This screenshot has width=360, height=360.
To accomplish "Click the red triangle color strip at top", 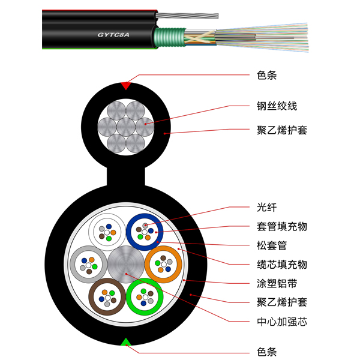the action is (x=126, y=85).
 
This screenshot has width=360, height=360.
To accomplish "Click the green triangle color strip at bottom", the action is (x=126, y=342).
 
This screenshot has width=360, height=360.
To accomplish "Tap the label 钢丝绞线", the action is (x=277, y=106).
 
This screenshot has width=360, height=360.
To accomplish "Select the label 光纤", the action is (x=267, y=208).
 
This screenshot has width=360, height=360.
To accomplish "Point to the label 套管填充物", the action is (x=282, y=227).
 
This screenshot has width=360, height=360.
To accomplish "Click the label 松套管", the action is (x=272, y=245).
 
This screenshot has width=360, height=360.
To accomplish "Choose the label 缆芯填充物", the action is (x=282, y=265).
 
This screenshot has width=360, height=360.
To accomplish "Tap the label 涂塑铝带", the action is (x=277, y=284).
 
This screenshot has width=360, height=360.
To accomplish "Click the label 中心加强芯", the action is (x=282, y=322).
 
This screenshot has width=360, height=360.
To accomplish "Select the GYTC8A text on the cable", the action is (x=113, y=35).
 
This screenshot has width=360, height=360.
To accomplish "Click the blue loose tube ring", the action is (x=145, y=216).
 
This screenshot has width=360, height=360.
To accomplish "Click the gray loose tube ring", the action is (x=73, y=264).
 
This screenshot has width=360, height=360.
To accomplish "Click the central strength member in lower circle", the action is (x=126, y=264).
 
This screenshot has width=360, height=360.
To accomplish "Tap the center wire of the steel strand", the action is (x=126, y=127).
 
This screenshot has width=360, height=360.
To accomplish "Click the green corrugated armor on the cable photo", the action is (x=170, y=37).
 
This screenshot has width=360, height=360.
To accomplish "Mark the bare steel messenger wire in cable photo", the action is (x=187, y=16).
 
